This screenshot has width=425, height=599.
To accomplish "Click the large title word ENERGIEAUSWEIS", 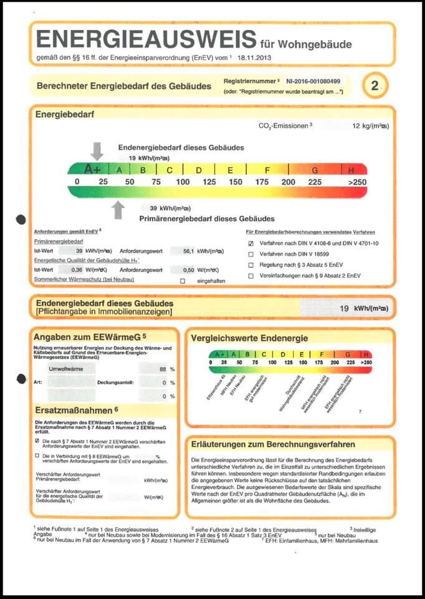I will pos(146,39).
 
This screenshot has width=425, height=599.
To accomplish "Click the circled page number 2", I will pos(375,86).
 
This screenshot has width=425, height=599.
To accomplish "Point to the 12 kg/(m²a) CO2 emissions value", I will pos(370,125).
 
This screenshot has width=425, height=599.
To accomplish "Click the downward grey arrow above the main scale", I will pos(97,150).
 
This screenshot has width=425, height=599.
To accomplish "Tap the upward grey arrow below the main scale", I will pos(117,209).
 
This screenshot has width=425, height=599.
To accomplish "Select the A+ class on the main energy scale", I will pos(92,169).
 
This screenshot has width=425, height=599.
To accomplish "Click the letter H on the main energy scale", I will pos(351,170).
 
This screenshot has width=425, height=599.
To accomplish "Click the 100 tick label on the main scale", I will pos(183,182).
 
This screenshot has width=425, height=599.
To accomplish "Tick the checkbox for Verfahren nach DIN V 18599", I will pos(251,254).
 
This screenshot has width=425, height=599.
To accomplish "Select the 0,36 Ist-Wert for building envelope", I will pos(77,270).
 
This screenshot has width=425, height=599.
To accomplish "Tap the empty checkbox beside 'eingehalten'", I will pos(183,281).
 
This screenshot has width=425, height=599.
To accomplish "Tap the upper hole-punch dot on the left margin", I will pos(21,219).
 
